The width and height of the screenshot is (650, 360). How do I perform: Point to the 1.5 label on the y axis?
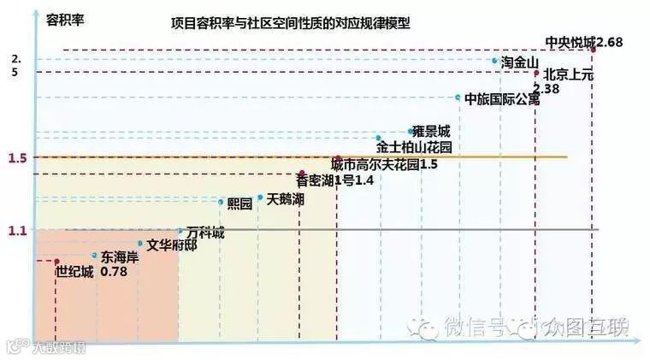(x=18, y=158)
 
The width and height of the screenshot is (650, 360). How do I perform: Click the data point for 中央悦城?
(x=593, y=50)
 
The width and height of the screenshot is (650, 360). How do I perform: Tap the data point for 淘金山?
(x=495, y=61)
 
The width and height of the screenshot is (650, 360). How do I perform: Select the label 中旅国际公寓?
(x=502, y=98)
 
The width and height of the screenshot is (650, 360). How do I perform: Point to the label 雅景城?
(x=431, y=132)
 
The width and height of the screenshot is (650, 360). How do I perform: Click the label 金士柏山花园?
(x=414, y=147)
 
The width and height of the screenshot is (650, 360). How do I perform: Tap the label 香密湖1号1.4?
(x=334, y=180)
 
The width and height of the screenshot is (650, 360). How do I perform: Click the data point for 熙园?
(x=221, y=203)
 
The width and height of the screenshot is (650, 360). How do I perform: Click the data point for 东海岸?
(x=94, y=255)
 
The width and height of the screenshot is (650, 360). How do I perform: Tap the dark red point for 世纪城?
(x=56, y=261)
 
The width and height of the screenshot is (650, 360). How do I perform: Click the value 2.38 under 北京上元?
(x=546, y=88)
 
